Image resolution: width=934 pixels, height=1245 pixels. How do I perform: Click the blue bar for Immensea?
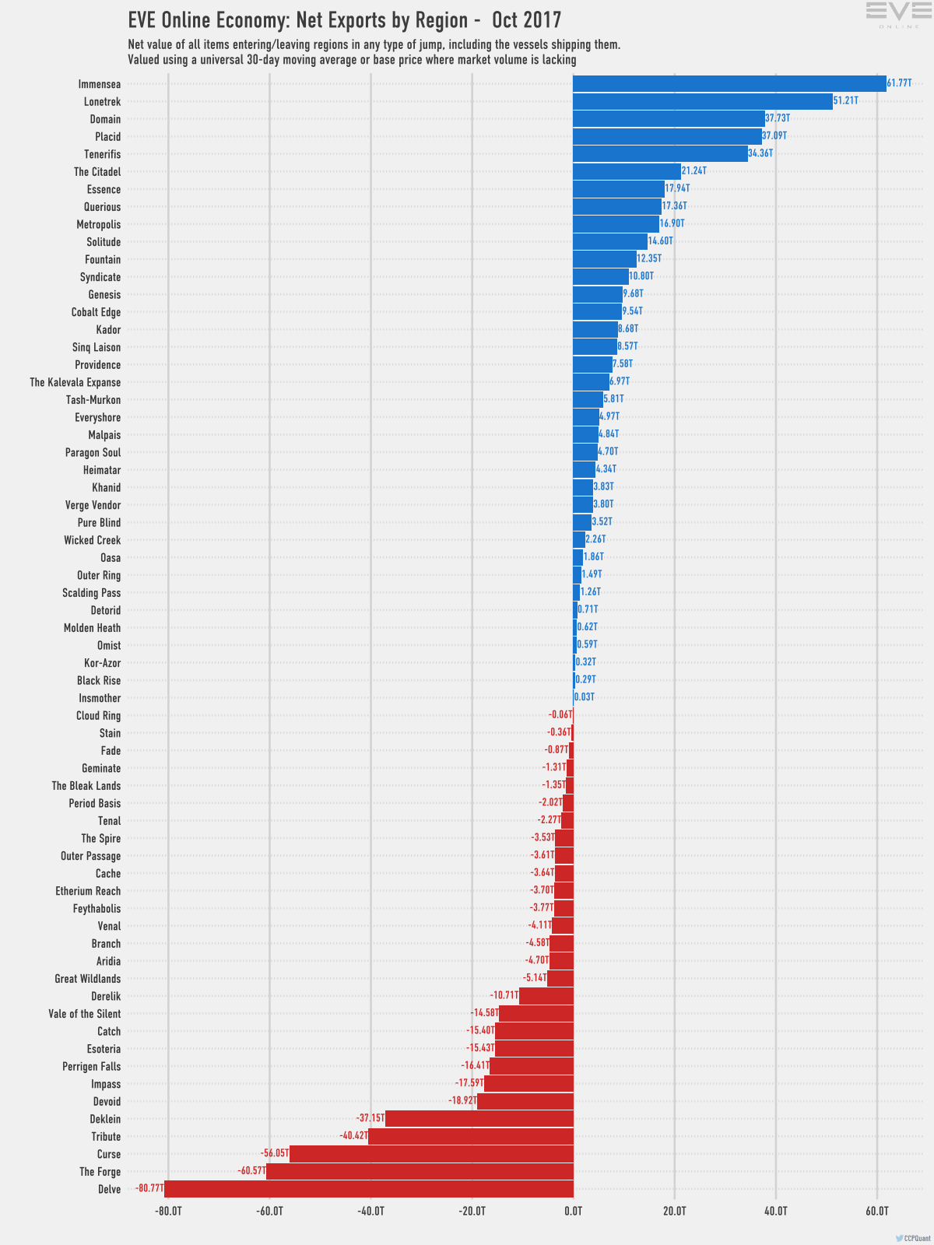729,84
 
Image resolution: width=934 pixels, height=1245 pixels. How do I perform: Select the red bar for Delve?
369,1189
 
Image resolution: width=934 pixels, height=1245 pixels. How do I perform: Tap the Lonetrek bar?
702,102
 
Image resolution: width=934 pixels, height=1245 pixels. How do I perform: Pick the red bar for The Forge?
420,1172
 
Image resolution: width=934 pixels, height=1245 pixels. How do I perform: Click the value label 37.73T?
778,118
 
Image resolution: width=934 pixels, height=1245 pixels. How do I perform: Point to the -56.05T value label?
275,1153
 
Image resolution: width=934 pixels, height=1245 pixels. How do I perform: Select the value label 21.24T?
694,170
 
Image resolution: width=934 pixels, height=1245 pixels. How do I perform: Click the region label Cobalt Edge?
96,313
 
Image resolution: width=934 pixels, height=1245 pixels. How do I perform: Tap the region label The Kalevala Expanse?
75,383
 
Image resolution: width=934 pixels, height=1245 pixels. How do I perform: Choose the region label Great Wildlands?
88,979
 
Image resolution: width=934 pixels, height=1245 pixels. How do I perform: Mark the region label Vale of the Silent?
85,1014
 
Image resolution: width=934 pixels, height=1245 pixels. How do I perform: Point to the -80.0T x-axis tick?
168,1212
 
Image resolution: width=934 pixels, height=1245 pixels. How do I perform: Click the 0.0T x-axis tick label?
574,1212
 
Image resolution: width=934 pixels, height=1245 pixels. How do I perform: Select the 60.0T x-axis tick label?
877,1212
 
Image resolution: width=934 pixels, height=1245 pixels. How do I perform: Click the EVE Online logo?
893,15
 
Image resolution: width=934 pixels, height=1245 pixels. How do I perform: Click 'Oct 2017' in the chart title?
527,19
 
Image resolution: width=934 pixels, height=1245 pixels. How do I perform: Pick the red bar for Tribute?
471,1137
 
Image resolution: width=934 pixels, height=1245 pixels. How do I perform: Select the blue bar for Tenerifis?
660,154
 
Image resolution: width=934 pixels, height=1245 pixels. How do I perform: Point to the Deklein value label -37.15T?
370,1118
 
